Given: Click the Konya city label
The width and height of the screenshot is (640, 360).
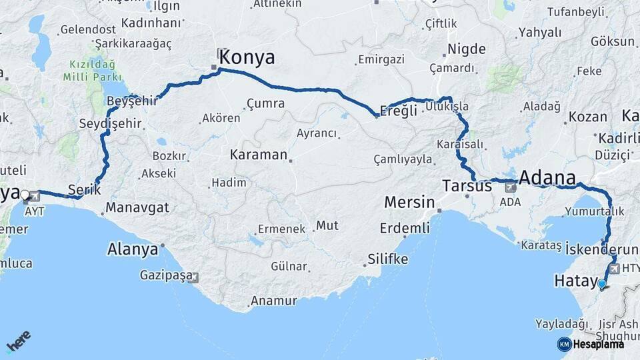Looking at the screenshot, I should pyautogui.click(x=247, y=57).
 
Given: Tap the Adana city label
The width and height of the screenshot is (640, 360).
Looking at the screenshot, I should pyautogui.click(x=546, y=178).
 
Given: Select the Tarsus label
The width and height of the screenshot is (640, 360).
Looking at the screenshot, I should pyautogui.click(x=467, y=186).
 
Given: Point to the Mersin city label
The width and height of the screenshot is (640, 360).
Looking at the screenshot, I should pyautogui.click(x=409, y=202).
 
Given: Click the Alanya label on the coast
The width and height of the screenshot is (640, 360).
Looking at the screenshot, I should pyautogui.click(x=133, y=250).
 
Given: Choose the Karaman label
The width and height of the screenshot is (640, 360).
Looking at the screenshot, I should pyautogui.click(x=258, y=155).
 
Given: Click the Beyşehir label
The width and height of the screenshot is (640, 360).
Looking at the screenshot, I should pyautogui.click(x=132, y=101).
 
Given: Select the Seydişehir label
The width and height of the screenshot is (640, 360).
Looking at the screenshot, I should pyautogui.click(x=111, y=125).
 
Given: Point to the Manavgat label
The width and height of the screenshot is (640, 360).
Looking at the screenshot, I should pyautogui.click(x=136, y=207).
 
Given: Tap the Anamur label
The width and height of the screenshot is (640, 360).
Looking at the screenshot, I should pyautogui.click(x=273, y=301).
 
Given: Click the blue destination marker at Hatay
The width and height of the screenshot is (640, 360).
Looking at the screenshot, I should pyautogui.click(x=602, y=285).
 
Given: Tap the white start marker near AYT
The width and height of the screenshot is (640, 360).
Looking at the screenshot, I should pyautogui.click(x=25, y=195).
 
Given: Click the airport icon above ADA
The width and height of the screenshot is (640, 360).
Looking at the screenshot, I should pyautogui.click(x=511, y=187).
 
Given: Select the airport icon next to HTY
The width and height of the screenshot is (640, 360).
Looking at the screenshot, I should pyautogui.click(x=613, y=268).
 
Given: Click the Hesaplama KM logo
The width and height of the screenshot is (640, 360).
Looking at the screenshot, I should pyautogui.click(x=591, y=344).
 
